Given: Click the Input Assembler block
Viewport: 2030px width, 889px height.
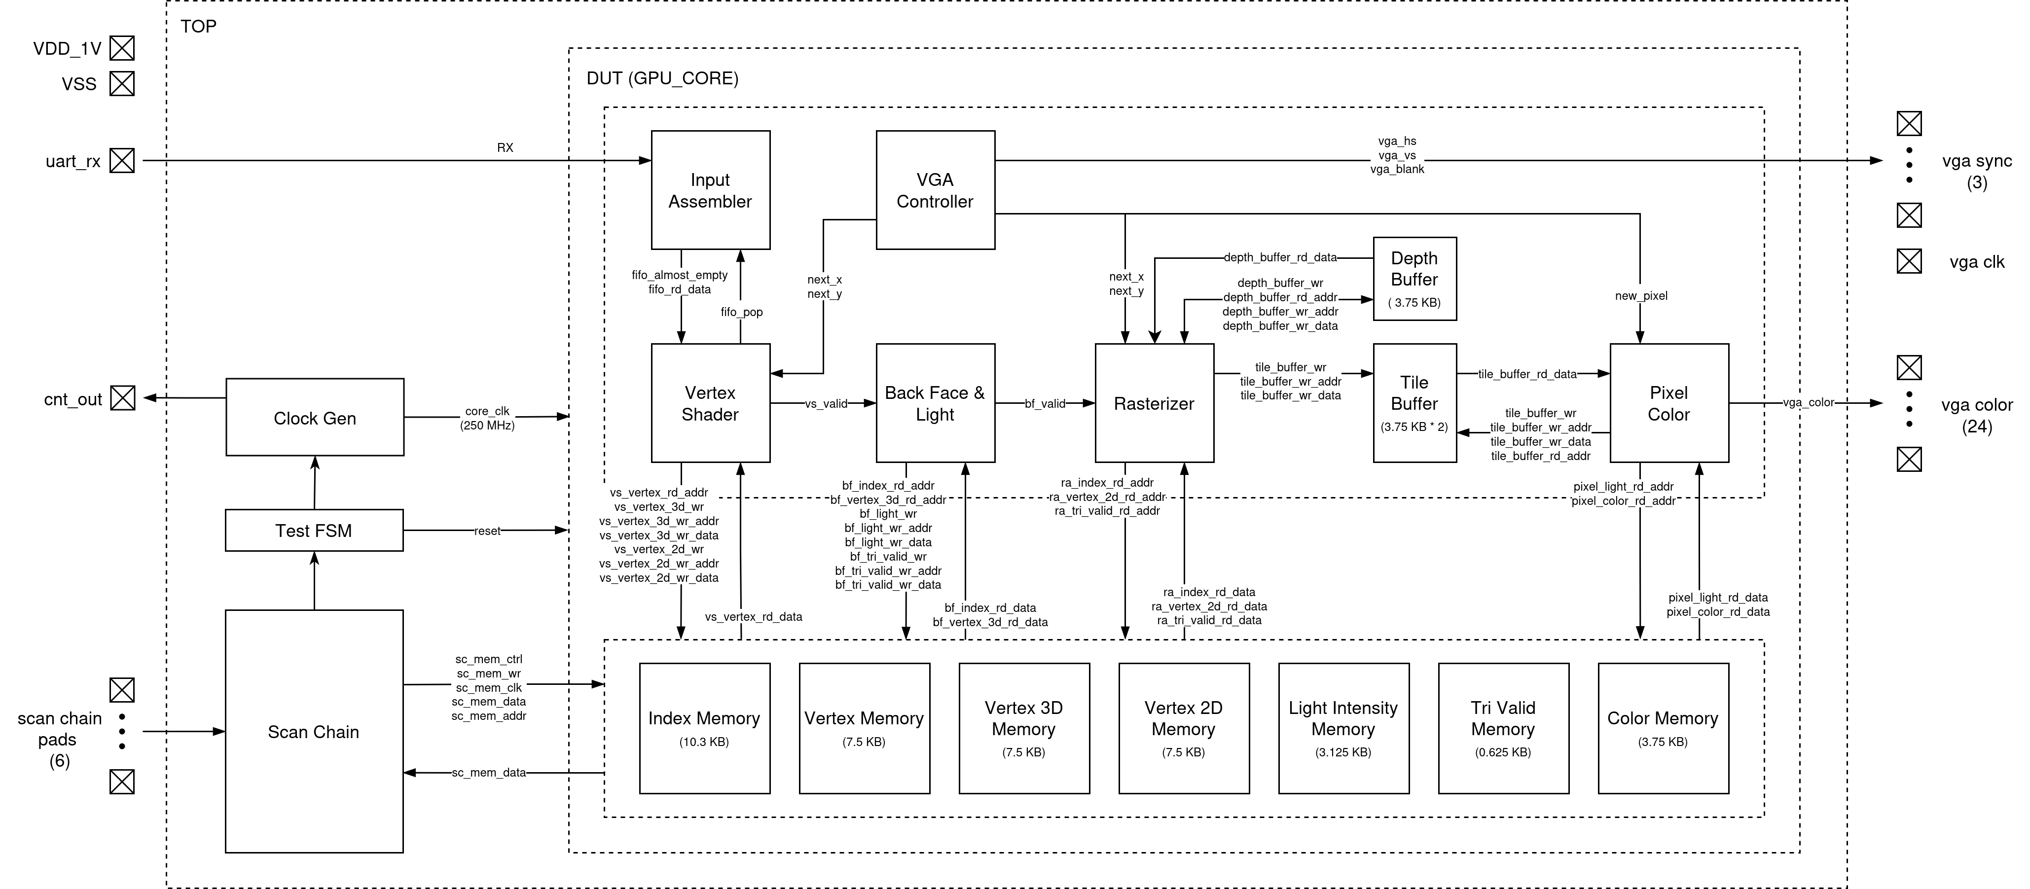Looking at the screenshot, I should pos(710,190).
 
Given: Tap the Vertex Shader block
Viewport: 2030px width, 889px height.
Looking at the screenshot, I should pos(710,403).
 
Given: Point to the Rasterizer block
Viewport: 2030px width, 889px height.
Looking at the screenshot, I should pos(1154,403).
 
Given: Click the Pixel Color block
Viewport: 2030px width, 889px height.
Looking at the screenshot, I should pos(1668,403).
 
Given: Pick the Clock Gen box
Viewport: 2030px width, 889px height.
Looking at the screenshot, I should pos(315,417).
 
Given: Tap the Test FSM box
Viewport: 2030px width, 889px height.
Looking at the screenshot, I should pos(314,531).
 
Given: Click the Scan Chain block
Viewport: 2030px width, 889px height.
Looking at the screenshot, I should pos(314,731).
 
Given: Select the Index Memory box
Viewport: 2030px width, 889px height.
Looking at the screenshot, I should pos(704,728).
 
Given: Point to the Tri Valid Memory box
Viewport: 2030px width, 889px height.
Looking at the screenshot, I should pos(1503,728).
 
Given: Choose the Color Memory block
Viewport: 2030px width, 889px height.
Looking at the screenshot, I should pos(1663,728).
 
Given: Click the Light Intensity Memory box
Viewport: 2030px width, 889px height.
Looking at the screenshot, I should pos(1343,728).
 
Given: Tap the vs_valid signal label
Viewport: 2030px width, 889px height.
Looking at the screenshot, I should pos(826,403).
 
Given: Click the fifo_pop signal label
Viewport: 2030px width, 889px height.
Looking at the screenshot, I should pos(742,312).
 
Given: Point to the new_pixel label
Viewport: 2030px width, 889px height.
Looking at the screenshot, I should pos(1641,295).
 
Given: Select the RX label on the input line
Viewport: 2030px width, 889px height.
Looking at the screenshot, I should pos(505,147).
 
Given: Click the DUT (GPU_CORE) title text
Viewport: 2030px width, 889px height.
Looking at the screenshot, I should pos(662,78).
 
